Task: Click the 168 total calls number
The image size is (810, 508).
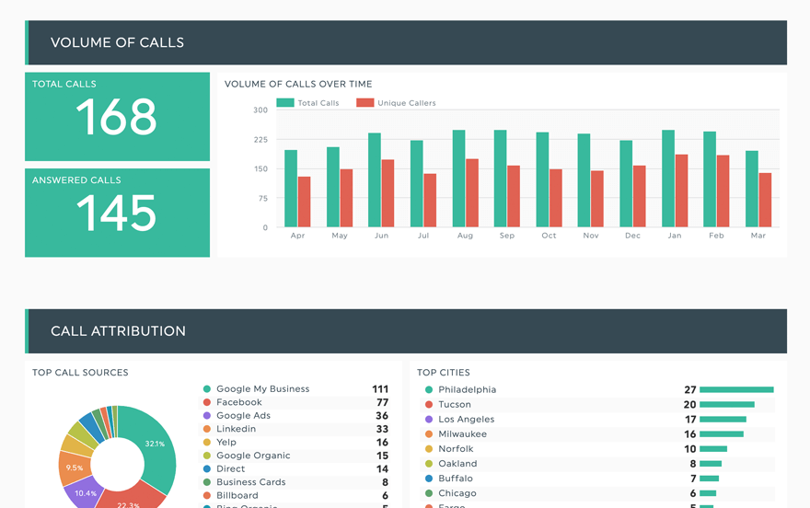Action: (x=116, y=118)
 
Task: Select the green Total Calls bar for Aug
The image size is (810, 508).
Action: (x=458, y=179)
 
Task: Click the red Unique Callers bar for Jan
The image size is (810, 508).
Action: (x=681, y=190)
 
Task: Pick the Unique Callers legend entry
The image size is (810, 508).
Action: (x=397, y=103)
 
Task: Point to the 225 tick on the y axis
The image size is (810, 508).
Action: (x=260, y=140)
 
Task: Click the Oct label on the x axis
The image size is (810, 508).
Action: (x=549, y=236)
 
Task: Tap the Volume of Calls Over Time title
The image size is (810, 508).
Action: (x=298, y=85)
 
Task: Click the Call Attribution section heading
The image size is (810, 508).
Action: (x=118, y=331)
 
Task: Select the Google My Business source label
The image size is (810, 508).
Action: (x=262, y=389)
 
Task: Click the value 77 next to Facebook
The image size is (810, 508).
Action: (x=381, y=402)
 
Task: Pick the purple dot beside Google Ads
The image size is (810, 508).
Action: (x=207, y=416)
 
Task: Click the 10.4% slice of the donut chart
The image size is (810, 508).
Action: (x=85, y=491)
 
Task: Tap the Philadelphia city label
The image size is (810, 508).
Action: (x=467, y=390)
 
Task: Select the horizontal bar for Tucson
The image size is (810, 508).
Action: (x=726, y=405)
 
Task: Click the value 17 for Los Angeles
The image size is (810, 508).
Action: (x=690, y=420)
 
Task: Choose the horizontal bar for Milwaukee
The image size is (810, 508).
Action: (x=721, y=434)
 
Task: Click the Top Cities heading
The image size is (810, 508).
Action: (x=444, y=373)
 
